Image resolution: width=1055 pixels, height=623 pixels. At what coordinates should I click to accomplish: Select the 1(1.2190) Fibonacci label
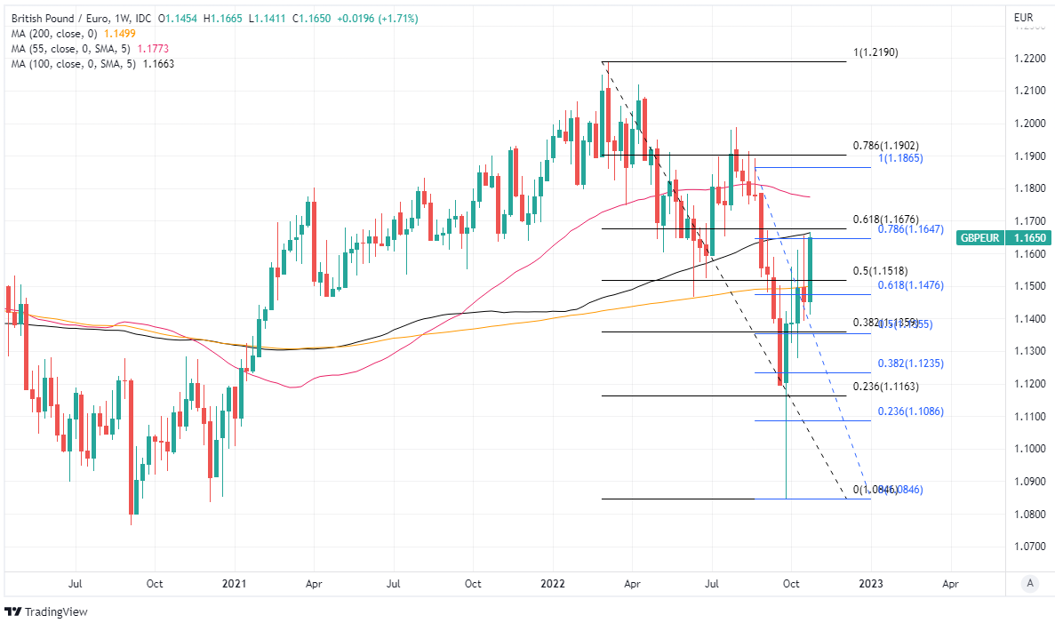click(x=875, y=52)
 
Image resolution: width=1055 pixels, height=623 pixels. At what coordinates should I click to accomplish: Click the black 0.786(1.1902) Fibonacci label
click(x=885, y=145)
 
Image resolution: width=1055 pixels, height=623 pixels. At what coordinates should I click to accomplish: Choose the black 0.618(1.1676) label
click(x=885, y=219)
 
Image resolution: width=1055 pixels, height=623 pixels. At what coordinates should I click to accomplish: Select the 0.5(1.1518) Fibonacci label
click(x=882, y=271)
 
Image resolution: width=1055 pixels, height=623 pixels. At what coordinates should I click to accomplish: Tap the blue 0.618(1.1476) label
click(x=910, y=285)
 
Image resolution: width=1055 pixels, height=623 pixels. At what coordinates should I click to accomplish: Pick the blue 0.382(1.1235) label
click(x=910, y=363)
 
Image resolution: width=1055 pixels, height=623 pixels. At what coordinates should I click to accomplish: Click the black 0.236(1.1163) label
click(x=885, y=387)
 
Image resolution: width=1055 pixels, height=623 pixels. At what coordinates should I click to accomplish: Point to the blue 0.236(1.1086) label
click(x=910, y=411)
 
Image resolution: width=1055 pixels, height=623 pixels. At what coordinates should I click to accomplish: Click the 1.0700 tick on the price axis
click(x=1031, y=547)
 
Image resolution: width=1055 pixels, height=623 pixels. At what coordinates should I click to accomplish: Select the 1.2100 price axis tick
click(x=1031, y=91)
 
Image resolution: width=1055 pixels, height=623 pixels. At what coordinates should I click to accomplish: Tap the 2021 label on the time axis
click(x=234, y=584)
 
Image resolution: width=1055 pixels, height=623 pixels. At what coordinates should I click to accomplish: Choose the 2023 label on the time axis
click(x=870, y=584)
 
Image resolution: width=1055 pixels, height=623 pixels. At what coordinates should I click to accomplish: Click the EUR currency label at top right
click(x=1023, y=17)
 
